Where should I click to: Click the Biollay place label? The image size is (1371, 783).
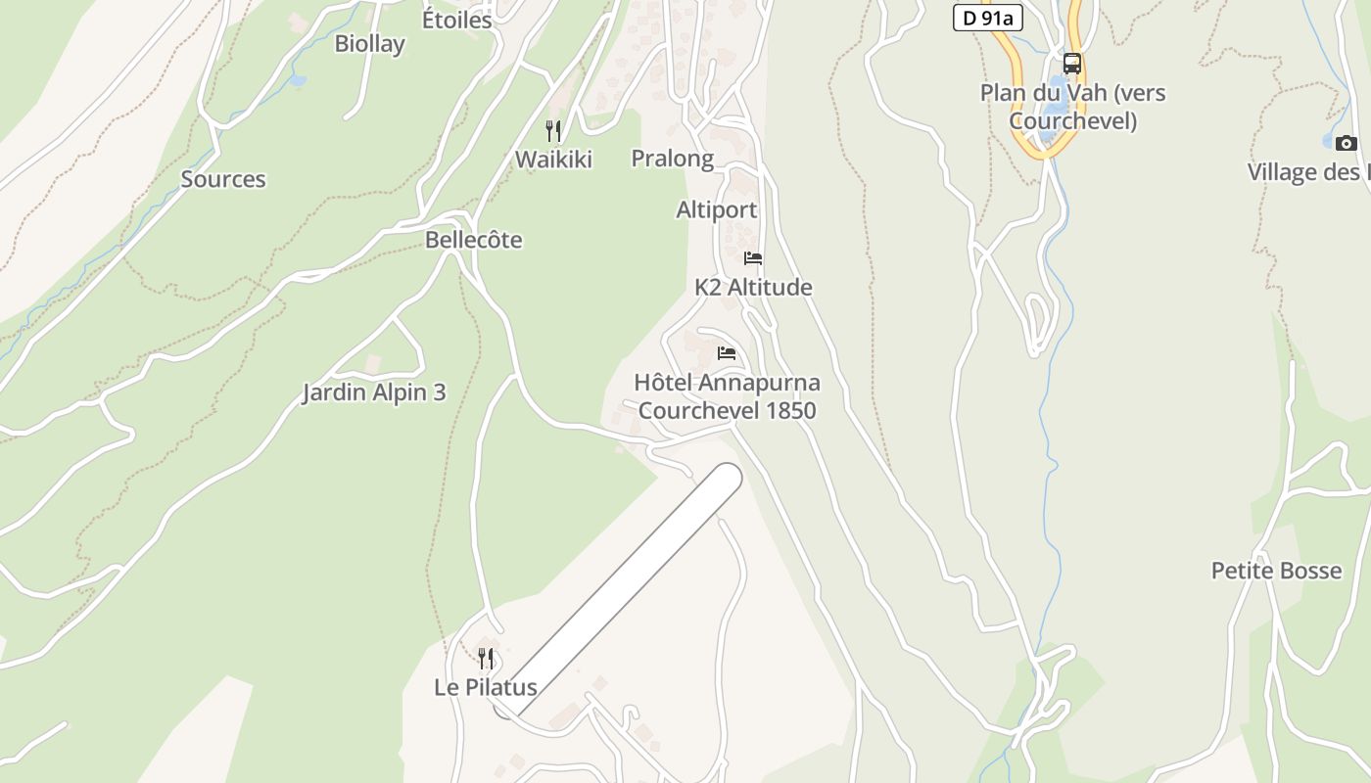pos(369,44)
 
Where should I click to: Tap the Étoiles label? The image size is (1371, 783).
pos(456,19)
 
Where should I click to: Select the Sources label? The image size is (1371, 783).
pos(223,179)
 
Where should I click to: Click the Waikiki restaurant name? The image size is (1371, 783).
pos(553,160)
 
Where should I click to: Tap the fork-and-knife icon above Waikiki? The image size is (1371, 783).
pos(553,130)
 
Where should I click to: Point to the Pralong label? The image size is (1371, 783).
pos(672,159)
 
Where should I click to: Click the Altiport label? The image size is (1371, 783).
pos(716,210)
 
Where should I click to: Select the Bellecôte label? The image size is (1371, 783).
pos(473,240)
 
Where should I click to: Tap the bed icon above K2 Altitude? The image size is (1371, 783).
pos(753,258)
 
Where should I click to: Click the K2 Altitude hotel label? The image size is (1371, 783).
pos(753,288)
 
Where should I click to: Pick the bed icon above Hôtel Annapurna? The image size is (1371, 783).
pos(726,353)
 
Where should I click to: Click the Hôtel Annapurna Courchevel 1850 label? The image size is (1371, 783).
pos(727,396)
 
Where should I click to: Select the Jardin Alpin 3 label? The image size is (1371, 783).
pos(374,392)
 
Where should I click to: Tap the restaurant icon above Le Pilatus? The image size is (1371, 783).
pos(486,658)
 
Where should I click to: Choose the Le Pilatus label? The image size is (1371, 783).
pos(486,687)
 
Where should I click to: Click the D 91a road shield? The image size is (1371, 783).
pos(982,17)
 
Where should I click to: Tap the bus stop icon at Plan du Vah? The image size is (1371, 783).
pos(1072,64)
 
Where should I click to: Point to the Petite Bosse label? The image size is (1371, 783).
pos(1276,571)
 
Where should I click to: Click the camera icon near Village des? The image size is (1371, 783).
pos(1347,144)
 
